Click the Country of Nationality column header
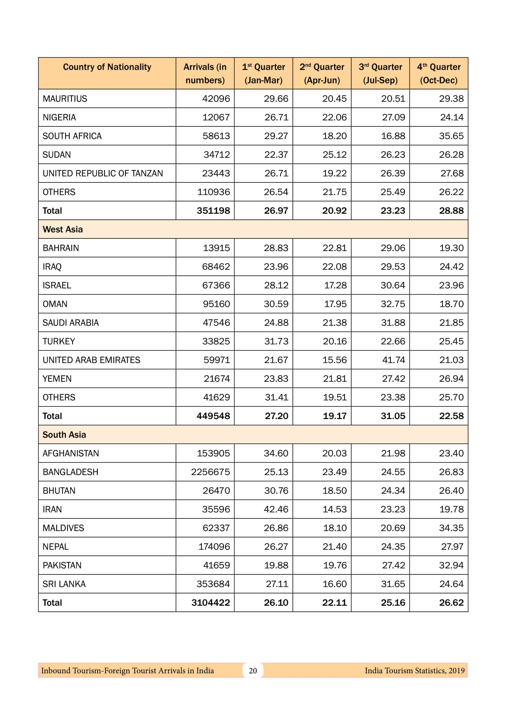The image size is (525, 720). point(107,67)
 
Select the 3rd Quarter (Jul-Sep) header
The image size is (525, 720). point(380,74)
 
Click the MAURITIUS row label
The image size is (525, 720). point(65,99)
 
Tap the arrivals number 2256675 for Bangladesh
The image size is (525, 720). point(210,472)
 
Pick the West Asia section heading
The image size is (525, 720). point(62,229)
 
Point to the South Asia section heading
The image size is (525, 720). point(64,435)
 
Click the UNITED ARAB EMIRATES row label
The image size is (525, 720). point(91,360)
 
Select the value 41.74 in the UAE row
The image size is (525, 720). point(394,360)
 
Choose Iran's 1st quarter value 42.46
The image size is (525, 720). point(276,509)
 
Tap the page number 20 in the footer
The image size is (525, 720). point(253,670)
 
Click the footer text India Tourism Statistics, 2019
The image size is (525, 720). point(415,670)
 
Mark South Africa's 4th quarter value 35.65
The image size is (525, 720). point(451,136)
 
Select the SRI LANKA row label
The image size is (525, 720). point(64,584)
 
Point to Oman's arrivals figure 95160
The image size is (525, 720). point(216,304)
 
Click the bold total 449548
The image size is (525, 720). point(213,416)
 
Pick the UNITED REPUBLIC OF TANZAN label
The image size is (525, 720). point(102,173)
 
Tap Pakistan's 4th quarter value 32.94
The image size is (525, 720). point(451,565)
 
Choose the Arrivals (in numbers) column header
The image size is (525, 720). point(205,74)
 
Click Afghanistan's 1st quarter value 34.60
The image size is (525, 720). point(276,453)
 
